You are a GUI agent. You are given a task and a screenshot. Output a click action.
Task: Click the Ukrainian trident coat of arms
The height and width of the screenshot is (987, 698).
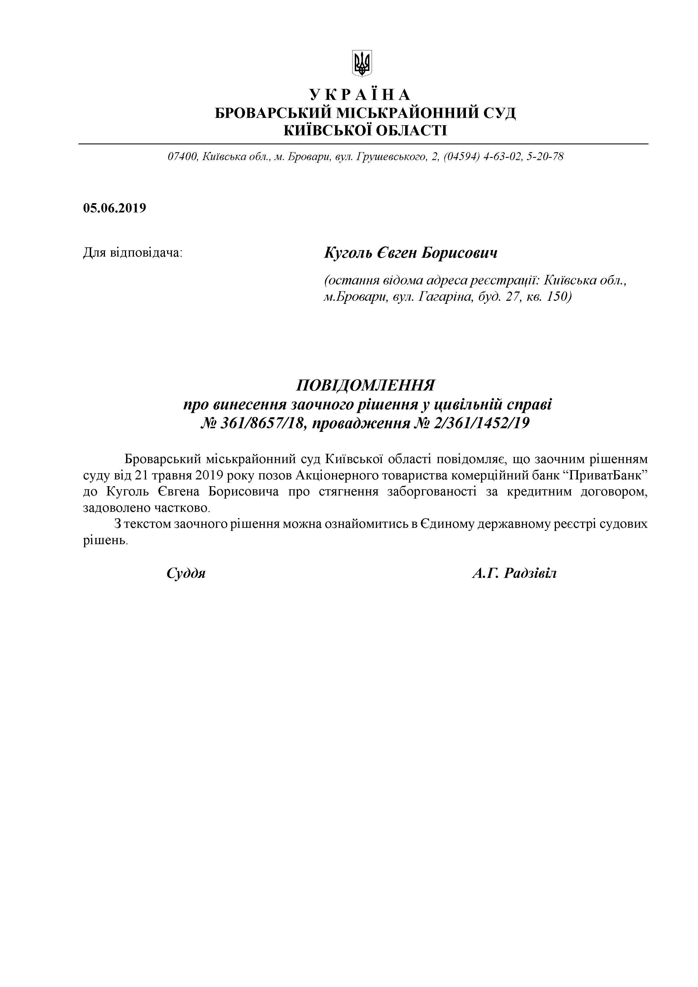(x=362, y=64)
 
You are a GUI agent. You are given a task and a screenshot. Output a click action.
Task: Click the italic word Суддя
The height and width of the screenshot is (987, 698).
(x=186, y=573)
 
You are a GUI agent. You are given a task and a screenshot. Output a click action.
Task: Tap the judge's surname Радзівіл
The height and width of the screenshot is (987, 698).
(x=530, y=573)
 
